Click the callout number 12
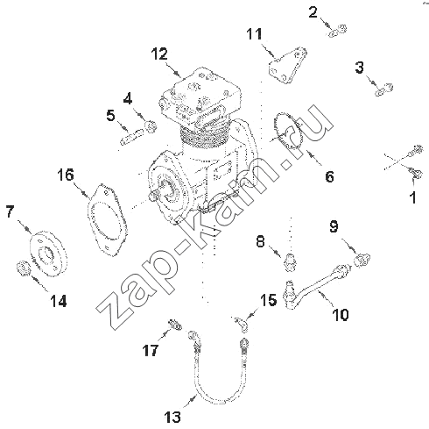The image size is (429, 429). point(159,54)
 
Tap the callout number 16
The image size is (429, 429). point(66,175)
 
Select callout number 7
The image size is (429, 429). point(10,211)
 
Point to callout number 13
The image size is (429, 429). point(172,417)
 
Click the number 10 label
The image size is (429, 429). point(341,315)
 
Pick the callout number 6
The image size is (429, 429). point(329,176)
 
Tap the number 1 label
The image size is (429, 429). point(413,197)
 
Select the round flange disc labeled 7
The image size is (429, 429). point(49,254)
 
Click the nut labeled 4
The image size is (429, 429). point(151,126)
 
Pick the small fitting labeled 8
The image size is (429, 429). point(290,261)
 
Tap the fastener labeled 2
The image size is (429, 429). point(337,31)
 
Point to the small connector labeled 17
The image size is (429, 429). point(175,325)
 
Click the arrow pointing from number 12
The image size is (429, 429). point(173,69)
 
